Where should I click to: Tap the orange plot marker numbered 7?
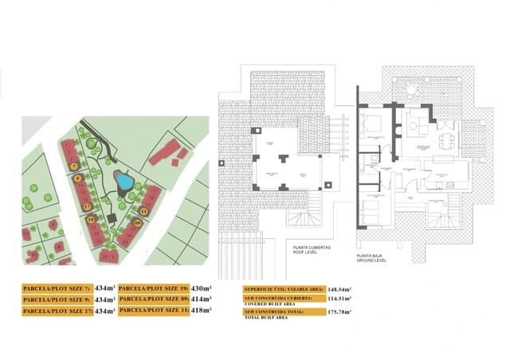(73, 166)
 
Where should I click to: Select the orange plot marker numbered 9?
(78, 178)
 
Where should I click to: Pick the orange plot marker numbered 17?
(86, 206)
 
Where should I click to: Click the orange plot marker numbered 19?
(91, 220)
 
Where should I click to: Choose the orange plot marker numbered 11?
(144, 211)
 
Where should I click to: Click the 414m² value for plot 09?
(202, 299)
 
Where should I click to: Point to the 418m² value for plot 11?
(202, 311)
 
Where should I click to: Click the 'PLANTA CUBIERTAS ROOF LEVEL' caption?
(308, 251)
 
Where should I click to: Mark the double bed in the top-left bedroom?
(371, 125)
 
